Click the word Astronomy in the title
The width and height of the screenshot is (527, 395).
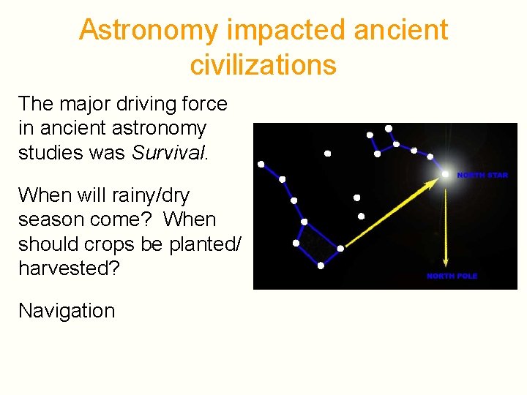[149, 31]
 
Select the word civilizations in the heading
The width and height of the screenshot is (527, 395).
[263, 65]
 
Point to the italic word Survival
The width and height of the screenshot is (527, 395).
[169, 153]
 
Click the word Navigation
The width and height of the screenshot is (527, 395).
[67, 310]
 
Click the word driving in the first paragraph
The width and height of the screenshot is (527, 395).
[126, 104]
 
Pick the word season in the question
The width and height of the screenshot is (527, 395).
[51, 219]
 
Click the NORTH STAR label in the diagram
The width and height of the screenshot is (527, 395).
[482, 176]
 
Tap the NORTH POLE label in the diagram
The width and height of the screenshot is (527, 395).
[452, 276]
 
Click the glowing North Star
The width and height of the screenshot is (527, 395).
[446, 174]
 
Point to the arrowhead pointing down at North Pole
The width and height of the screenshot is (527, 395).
[445, 261]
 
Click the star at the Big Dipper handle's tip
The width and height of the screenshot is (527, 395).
[261, 164]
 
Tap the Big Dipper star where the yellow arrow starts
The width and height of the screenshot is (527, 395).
[340, 248]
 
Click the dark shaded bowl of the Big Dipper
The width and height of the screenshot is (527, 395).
[318, 245]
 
